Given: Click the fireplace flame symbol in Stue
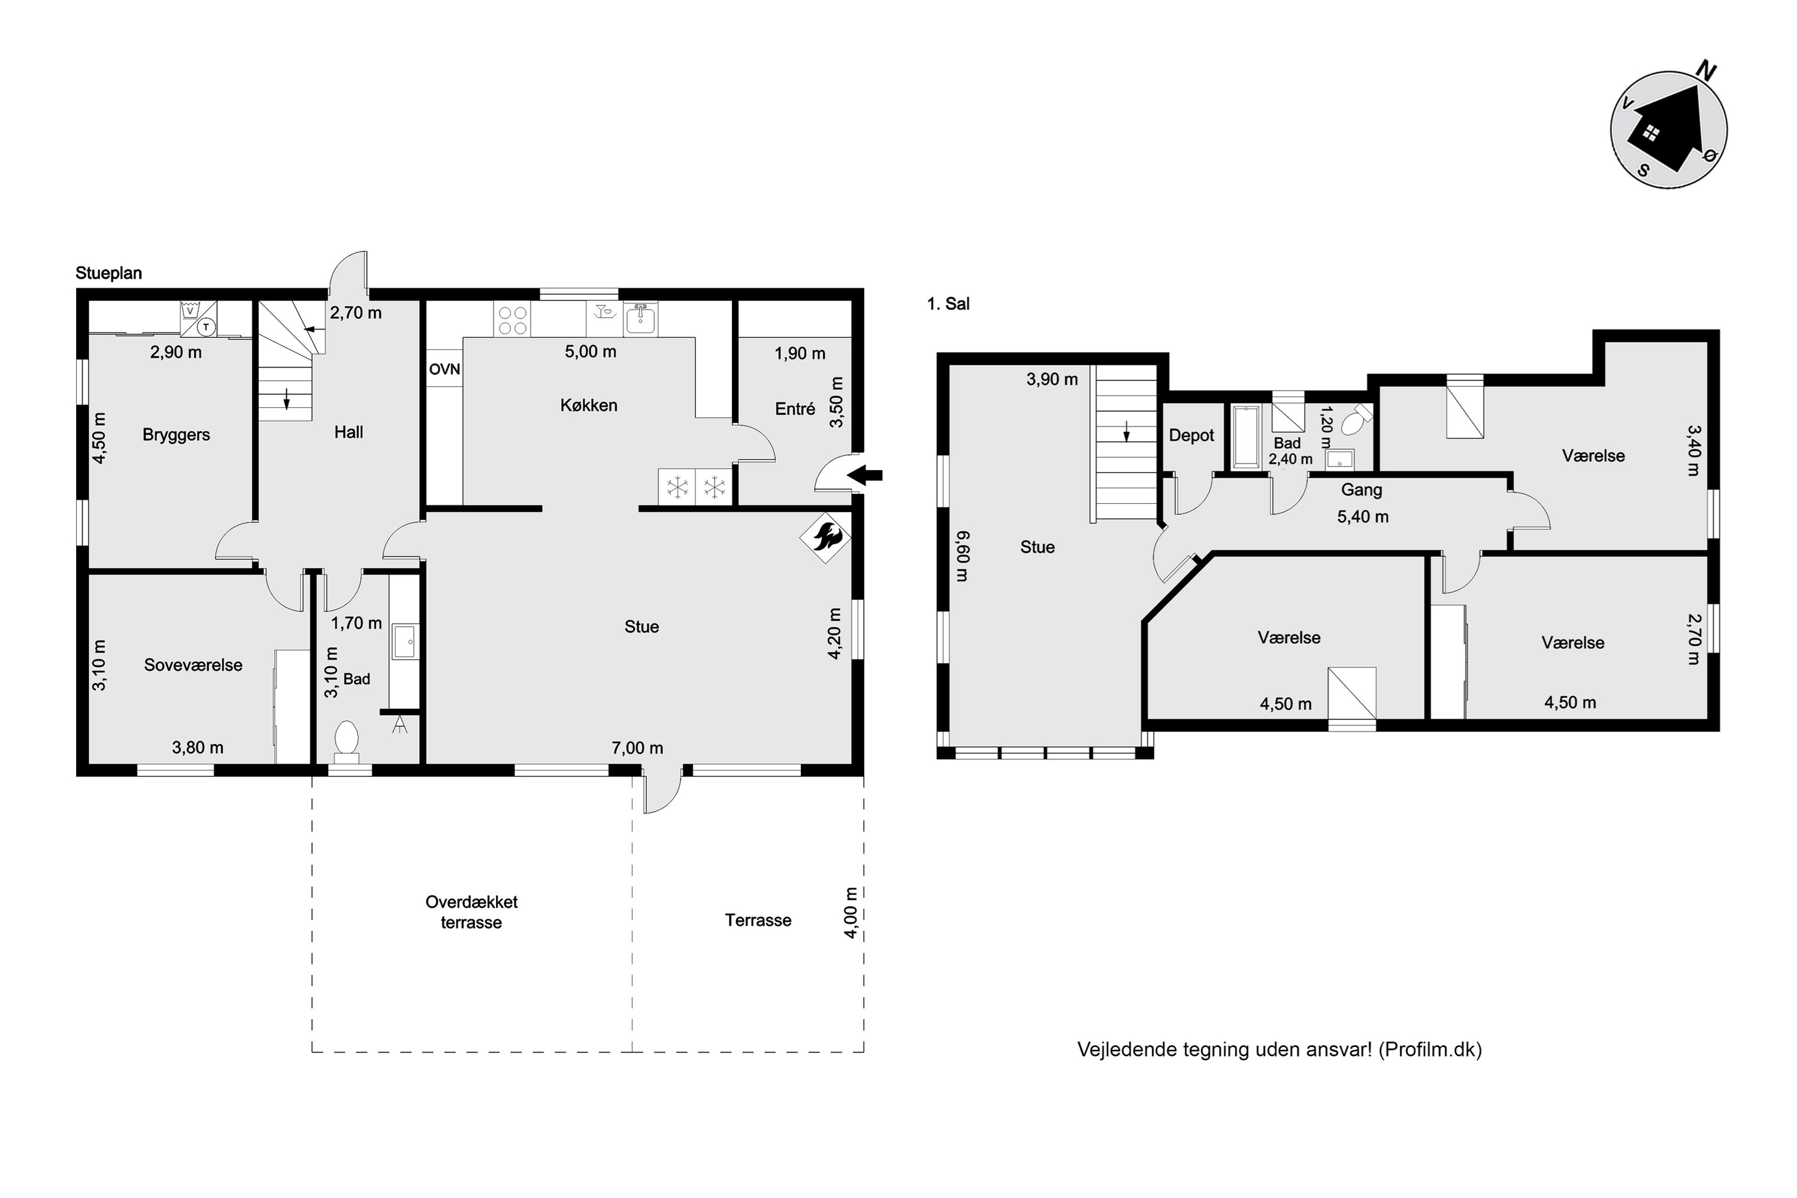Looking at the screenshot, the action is [825, 537].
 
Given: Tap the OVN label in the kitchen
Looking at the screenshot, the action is [444, 370].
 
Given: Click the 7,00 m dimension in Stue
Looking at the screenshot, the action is [637, 748].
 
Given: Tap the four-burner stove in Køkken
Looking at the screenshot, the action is [513, 319].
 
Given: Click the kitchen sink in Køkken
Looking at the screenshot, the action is [640, 319].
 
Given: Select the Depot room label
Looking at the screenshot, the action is [1191, 435].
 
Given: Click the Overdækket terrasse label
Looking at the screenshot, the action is [471, 912].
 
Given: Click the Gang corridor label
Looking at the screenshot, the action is [1362, 491].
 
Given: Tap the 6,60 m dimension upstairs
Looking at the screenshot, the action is [963, 556].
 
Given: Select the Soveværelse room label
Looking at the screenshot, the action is [193, 665].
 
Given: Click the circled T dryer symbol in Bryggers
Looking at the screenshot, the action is [205, 327].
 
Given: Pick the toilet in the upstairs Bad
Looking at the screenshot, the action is [1356, 419].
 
